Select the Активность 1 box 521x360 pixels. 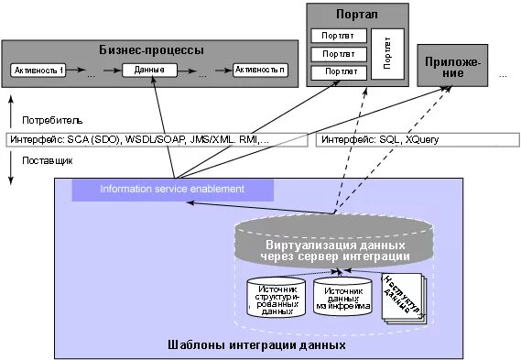coord(40,71)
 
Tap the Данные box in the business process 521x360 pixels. coord(149,71)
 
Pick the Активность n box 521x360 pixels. coord(259,71)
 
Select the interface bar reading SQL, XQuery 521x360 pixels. coord(418,140)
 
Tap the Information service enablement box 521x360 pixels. coord(172,190)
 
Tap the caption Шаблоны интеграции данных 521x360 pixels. coord(258,345)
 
